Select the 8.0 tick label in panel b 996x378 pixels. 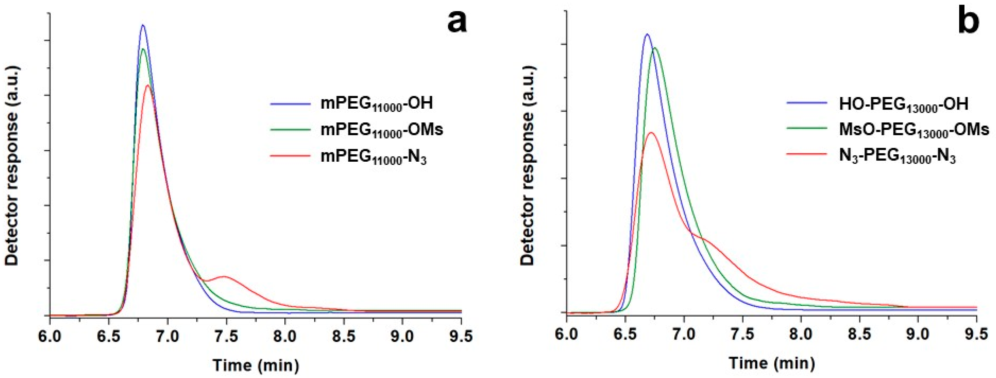click(x=801, y=334)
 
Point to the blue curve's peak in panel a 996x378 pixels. click(x=143, y=25)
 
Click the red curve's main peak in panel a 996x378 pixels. click(x=148, y=85)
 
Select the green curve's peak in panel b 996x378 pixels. click(x=654, y=48)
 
